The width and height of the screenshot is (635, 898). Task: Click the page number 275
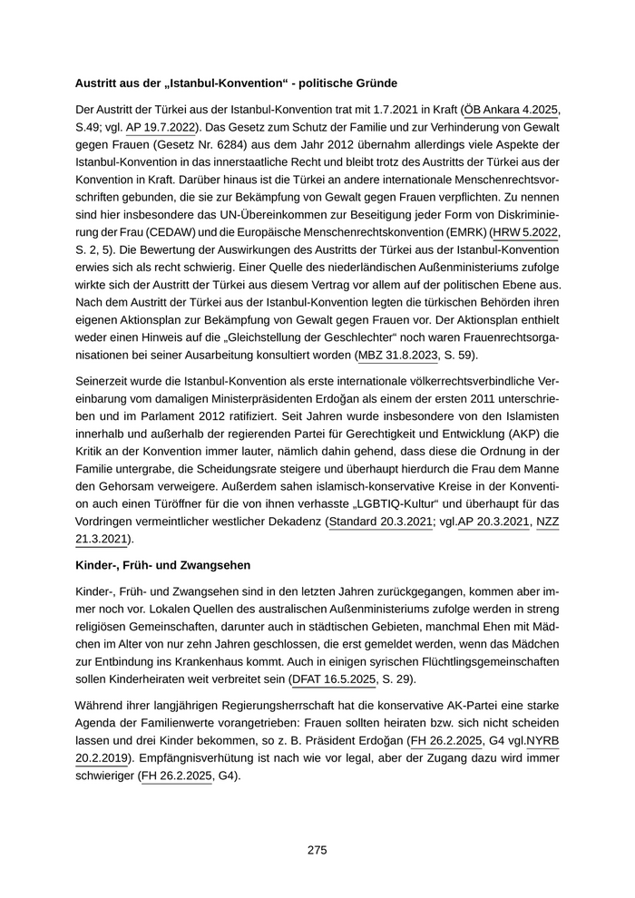(317, 850)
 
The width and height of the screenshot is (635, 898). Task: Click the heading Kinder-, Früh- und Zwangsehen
(162, 564)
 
